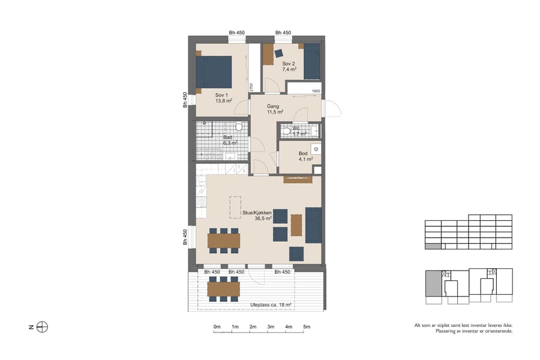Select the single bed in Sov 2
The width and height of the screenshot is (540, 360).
pos(311,61)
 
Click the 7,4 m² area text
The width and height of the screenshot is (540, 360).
pos(289,70)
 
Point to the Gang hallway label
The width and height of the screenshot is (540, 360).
pos(274,106)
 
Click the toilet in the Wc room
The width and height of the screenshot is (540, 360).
pos(287,130)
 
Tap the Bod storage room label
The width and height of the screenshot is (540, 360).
pos(304,154)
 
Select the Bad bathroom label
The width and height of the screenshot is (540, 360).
pos(228,137)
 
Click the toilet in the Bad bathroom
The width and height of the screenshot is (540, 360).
pos(239,127)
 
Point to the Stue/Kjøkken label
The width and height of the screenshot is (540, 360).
pos(257,213)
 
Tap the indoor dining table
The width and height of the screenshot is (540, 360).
pos(223,241)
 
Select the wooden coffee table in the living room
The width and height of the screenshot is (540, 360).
pos(296,225)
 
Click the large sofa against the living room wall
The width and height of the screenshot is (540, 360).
pos(313,225)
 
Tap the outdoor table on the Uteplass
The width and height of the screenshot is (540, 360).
pos(223,289)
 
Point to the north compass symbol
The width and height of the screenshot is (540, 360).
pos(42,327)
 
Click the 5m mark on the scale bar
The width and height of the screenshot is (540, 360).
pos(307,327)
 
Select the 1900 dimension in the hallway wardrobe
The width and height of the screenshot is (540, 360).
pos(316,91)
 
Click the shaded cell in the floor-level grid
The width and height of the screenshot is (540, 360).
pos(432,246)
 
